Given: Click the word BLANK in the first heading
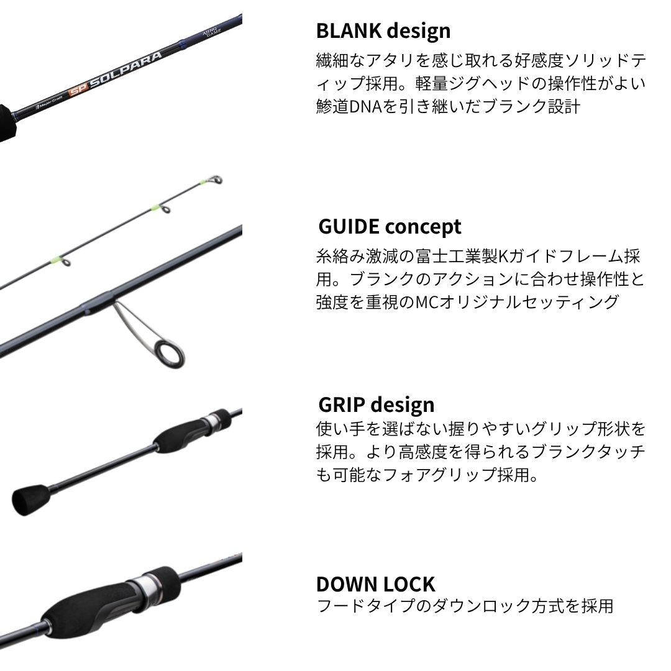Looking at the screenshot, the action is coord(349,31).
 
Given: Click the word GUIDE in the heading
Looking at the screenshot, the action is coord(349,226).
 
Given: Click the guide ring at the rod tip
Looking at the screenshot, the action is coord(216,180).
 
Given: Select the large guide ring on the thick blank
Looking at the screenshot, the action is coord(170,354).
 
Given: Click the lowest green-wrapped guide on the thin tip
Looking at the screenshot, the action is coord(65,261).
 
